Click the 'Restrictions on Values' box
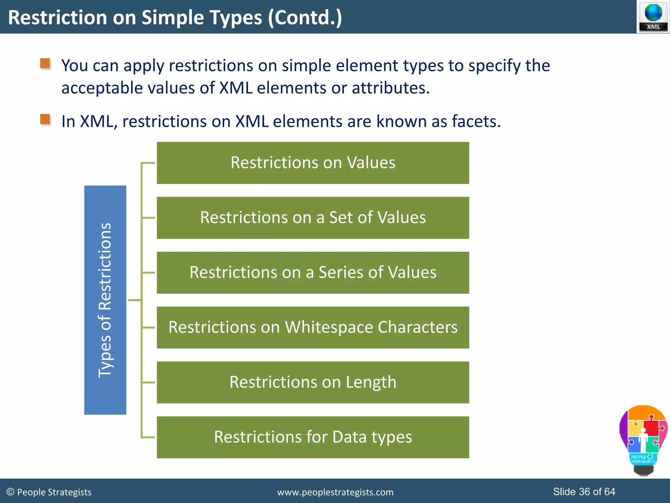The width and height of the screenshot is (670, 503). pyautogui.click(x=313, y=163)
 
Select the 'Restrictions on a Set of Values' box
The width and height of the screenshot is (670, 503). pyautogui.click(x=313, y=218)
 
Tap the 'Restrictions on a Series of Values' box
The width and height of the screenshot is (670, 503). pyautogui.click(x=313, y=272)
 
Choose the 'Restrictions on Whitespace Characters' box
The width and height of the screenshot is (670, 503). pyautogui.click(x=313, y=327)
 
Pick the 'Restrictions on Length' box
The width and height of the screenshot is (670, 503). pyautogui.click(x=313, y=382)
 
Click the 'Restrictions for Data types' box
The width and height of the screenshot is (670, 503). pyautogui.click(x=313, y=437)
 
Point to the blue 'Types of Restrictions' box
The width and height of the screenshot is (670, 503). pyautogui.click(x=105, y=300)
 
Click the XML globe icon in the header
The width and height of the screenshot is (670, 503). pyautogui.click(x=653, y=16)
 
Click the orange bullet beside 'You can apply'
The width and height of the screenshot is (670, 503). pyautogui.click(x=45, y=64)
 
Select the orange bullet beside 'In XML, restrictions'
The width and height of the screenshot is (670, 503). pyautogui.click(x=45, y=119)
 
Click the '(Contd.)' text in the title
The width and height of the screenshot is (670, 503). pyautogui.click(x=305, y=18)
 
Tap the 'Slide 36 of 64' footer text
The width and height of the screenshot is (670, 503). pyautogui.click(x=584, y=492)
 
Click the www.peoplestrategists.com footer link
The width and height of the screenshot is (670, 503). pyautogui.click(x=335, y=492)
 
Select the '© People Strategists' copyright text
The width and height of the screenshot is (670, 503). pyautogui.click(x=49, y=492)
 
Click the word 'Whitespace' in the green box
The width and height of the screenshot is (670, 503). pyautogui.click(x=329, y=327)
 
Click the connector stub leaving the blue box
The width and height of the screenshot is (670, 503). pyautogui.click(x=134, y=300)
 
